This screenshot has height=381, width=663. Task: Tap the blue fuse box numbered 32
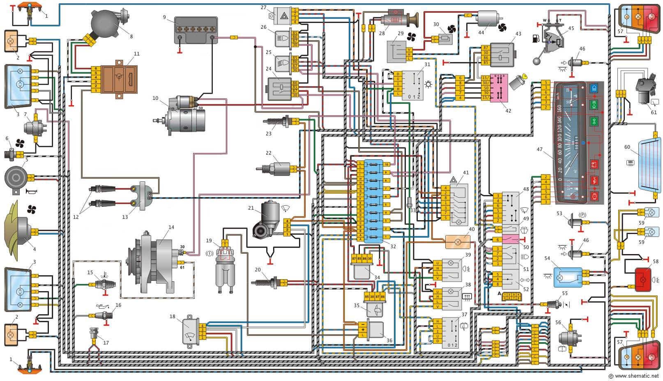373,200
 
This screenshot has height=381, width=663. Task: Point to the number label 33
413,211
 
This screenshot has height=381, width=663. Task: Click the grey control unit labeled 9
196,30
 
